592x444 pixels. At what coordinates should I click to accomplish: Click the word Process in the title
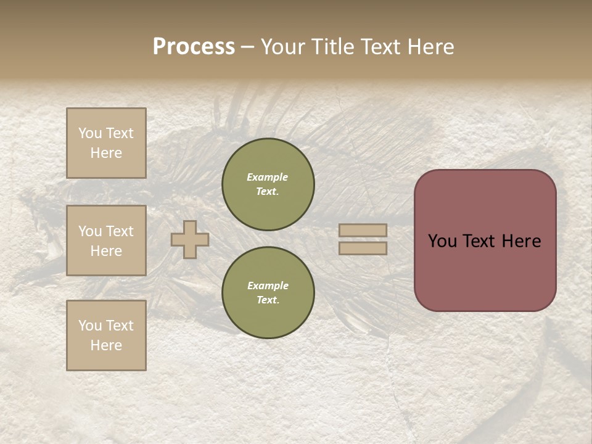tap(194, 47)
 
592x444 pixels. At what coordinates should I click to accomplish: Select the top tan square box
tap(106, 143)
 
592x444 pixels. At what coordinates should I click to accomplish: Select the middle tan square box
tap(106, 240)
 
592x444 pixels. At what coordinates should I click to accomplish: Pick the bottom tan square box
tap(106, 335)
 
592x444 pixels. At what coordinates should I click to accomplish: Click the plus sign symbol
tap(190, 240)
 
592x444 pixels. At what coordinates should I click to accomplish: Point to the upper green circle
tap(268, 184)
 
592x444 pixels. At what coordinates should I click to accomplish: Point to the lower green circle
tap(268, 292)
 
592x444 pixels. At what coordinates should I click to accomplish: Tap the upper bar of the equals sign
tap(363, 231)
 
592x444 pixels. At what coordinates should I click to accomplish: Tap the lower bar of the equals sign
tap(363, 249)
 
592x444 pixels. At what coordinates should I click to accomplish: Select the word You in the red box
tap(442, 241)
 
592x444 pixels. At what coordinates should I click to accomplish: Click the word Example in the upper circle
tap(268, 178)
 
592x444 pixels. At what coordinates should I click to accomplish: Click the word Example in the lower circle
tap(268, 286)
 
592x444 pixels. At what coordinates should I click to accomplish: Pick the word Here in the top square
tap(106, 153)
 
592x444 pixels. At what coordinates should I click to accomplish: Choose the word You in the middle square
tap(90, 231)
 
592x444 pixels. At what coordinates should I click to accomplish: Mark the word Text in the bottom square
tap(120, 326)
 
